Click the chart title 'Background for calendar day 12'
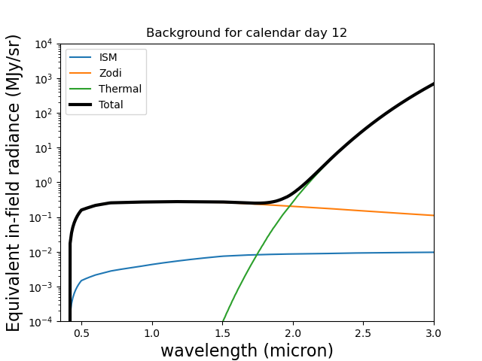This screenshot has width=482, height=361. coord(246,33)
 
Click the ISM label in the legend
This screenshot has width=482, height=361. coord(108,57)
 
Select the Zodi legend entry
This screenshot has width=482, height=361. coord(110,73)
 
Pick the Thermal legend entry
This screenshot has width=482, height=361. coord(120,89)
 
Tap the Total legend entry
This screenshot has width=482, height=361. coord(111,105)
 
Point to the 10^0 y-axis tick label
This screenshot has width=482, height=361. coord(44,183)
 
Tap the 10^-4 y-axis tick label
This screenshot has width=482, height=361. coord(43,322)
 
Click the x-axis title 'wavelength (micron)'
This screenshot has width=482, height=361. coord(247,350)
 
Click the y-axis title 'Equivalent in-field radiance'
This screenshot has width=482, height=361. coord(14,183)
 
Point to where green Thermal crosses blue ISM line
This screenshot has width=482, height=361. coord(256,255)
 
